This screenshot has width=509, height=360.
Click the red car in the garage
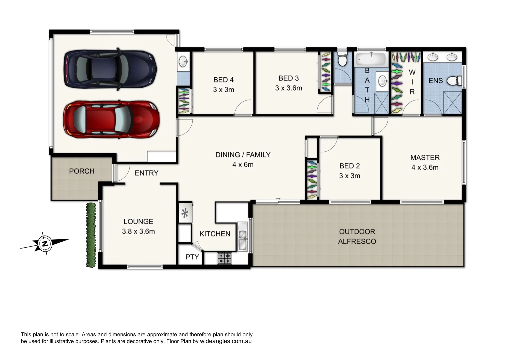(x=111, y=120)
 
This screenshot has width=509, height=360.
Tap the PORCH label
(x=82, y=171)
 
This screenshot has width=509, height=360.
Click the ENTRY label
(x=146, y=173)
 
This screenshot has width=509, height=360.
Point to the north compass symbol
(x=45, y=244)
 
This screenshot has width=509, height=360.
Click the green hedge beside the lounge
(x=90, y=235)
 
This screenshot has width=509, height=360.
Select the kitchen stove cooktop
(x=225, y=258)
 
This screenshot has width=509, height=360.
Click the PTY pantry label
(x=192, y=257)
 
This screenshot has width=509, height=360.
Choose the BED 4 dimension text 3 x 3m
(x=224, y=90)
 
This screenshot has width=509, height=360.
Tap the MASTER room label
(x=425, y=158)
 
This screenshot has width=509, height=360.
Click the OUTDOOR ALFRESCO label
(x=357, y=236)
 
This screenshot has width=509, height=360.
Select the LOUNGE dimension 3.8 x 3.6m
(x=138, y=231)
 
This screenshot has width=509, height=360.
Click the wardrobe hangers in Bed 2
(x=311, y=180)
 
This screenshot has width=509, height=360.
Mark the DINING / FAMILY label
(x=243, y=155)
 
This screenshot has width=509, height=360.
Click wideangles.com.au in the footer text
(x=226, y=341)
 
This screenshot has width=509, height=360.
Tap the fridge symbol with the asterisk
(x=185, y=213)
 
